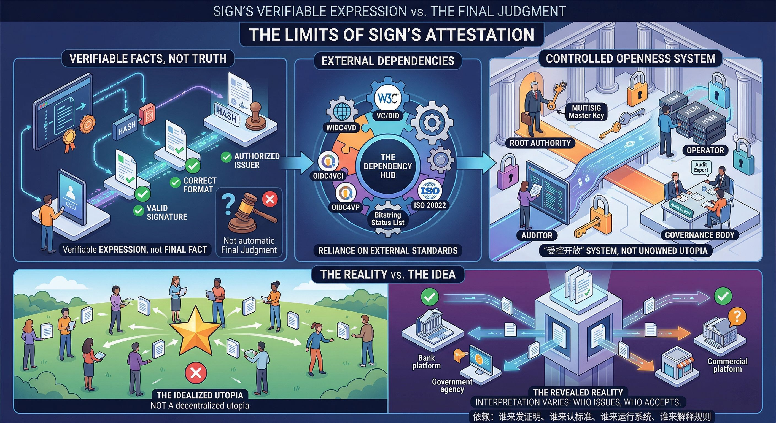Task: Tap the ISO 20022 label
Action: [430, 205]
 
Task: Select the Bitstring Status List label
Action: [388, 219]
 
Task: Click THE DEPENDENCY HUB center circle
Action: [388, 166]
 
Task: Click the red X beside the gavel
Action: [270, 199]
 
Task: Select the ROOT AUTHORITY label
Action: [540, 143]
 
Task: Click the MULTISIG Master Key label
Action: [586, 112]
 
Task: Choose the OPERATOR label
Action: [705, 150]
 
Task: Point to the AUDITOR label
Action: [537, 235]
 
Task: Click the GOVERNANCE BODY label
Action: [699, 235]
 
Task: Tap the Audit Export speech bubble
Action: [701, 167]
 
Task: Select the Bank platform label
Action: [426, 362]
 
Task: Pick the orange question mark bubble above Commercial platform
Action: [737, 316]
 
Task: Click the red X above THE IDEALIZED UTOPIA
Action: [196, 374]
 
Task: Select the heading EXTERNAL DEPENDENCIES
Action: [388, 61]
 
